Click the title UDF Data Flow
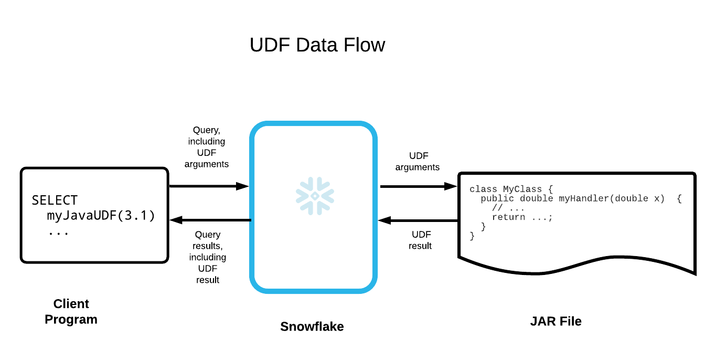coord(317,45)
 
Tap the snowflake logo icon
coord(315,196)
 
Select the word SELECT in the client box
coord(55,200)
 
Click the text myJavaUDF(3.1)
coord(101,216)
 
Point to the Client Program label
coord(71,312)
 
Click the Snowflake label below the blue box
coord(312,326)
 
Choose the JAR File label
coord(555,321)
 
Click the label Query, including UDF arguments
coord(208,147)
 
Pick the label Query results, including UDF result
coord(208,257)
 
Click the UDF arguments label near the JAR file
coord(418,162)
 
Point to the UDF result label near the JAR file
coord(420,240)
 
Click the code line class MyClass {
coord(511,189)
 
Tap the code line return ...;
coord(522,217)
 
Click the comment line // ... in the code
coord(508,208)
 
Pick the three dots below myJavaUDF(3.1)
coord(58,232)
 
